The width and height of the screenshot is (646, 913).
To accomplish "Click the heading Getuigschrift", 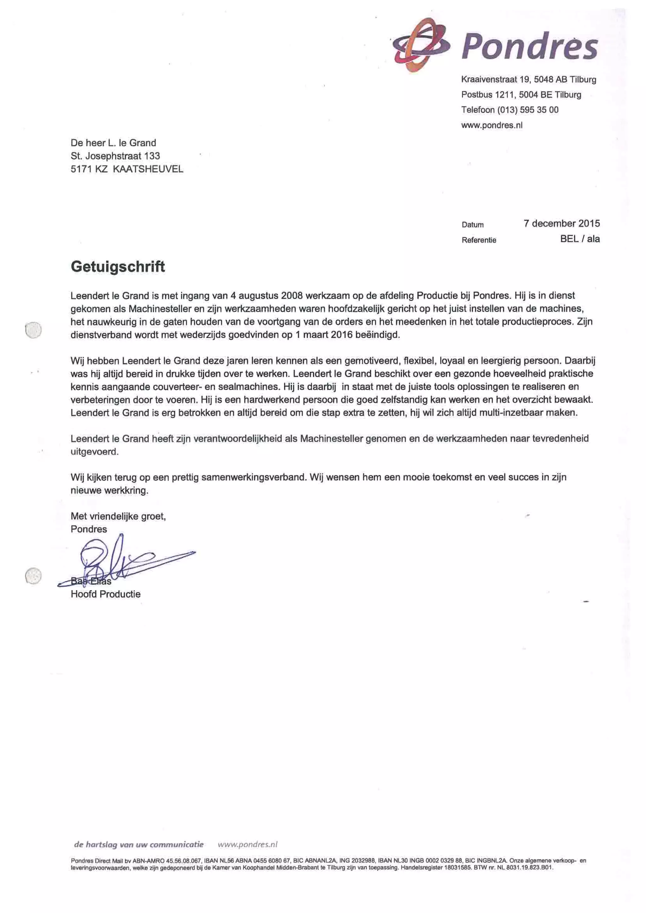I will point(118,266).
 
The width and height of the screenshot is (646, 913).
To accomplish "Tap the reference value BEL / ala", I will point(579,239).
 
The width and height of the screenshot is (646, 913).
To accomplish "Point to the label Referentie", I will point(479,240).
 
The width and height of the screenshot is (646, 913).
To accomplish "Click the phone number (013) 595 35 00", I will point(528,110).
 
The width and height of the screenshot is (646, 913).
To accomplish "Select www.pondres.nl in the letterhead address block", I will point(492,125).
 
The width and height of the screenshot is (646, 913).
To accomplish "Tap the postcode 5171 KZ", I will point(89,169).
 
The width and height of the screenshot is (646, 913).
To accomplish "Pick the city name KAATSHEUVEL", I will point(148,169).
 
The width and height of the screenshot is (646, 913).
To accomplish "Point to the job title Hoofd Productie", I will point(105,594).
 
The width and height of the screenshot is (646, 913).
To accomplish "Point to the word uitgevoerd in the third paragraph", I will point(94,452).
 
